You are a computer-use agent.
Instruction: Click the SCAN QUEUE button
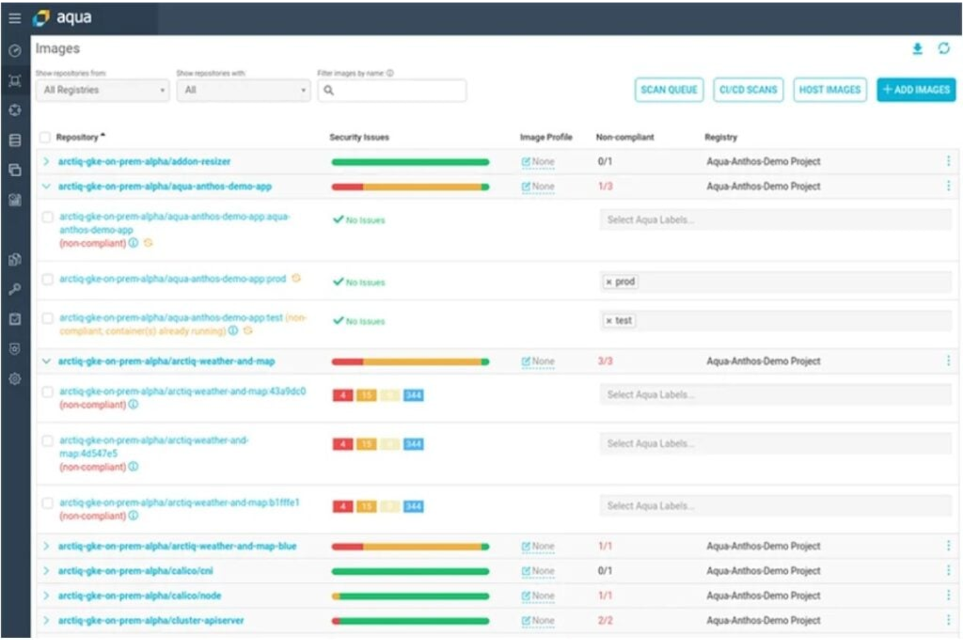[668, 90]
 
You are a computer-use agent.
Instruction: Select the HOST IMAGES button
[830, 90]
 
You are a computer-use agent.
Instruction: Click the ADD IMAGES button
[916, 90]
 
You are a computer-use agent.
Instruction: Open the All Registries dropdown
[103, 90]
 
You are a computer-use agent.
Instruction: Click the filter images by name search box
[392, 90]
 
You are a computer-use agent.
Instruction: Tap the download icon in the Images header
[917, 49]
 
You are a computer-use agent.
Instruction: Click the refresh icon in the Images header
[944, 49]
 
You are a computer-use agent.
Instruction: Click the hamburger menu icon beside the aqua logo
[14, 18]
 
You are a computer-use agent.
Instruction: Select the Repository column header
[77, 137]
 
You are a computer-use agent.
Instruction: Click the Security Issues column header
[359, 137]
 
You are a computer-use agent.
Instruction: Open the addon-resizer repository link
[144, 161]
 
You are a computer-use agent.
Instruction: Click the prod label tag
[621, 282]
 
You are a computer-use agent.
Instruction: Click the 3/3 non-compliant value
[605, 361]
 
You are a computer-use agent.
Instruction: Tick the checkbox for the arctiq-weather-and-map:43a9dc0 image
[47, 392]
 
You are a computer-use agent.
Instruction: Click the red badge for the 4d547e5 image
[342, 444]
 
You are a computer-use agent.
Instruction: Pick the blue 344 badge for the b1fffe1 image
[413, 506]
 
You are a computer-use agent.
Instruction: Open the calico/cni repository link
[135, 571]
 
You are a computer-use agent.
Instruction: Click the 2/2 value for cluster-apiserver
[605, 621]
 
